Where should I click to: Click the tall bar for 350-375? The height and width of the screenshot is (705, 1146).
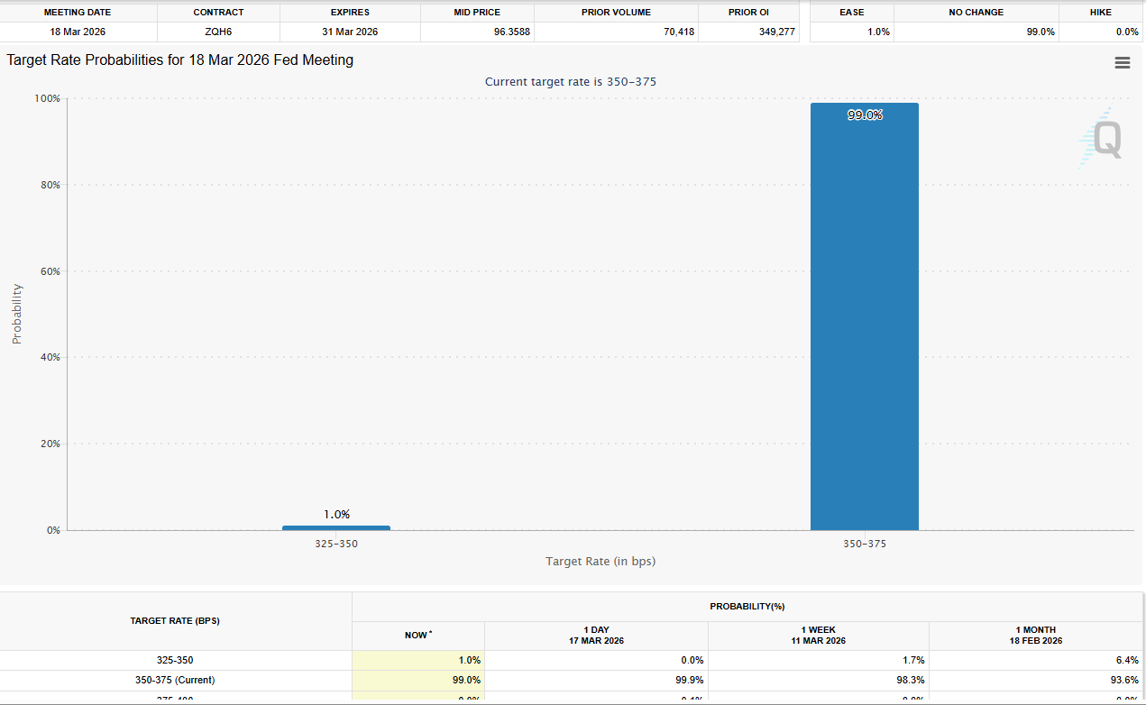864,316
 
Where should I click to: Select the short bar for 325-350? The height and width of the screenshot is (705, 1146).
335,527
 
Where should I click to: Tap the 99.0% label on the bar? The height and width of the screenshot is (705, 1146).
865,115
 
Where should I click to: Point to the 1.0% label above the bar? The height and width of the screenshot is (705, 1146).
336,515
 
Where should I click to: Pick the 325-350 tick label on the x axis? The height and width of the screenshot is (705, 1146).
336,545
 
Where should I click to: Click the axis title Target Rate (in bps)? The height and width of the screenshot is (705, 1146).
600,562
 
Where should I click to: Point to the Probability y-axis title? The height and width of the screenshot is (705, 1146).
17,314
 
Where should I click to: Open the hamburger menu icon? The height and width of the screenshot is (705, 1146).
1123,62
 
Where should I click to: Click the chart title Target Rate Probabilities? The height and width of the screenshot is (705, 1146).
180,60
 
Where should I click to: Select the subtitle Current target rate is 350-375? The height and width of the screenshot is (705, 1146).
571,82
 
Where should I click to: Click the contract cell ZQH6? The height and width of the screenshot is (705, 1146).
218,32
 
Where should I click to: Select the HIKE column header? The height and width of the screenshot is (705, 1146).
1100,13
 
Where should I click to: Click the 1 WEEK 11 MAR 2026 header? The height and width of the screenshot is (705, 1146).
818,636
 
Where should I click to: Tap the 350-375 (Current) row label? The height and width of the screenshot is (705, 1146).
175,680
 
